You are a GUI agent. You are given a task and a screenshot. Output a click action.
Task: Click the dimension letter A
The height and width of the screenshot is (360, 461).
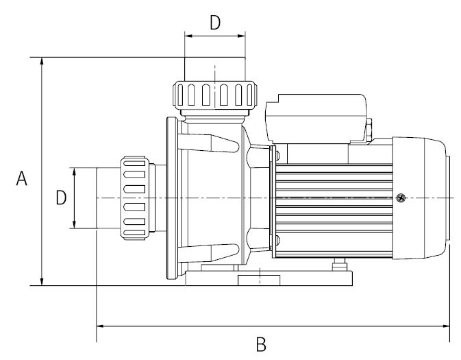click(x=22, y=179)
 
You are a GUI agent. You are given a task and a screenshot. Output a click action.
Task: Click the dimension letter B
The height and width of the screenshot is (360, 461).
click(x=260, y=344)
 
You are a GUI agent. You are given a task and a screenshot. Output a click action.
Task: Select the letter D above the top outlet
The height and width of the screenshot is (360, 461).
click(x=215, y=23)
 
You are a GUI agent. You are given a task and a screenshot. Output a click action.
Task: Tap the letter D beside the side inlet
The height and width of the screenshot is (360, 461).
click(x=61, y=198)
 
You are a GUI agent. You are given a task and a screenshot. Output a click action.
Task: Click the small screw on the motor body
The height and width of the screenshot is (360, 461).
click(x=401, y=199)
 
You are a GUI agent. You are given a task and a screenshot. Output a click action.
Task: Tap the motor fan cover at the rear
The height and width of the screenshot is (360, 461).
click(x=421, y=197)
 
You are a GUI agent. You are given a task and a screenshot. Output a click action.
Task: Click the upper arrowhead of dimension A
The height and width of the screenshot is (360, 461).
click(x=42, y=62)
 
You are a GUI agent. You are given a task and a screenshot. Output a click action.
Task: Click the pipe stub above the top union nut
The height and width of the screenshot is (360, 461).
click(x=215, y=69)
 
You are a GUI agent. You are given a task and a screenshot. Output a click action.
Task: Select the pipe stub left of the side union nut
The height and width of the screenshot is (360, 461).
click(x=108, y=197)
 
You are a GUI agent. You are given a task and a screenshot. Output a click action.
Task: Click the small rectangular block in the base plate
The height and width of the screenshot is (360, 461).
click(x=259, y=280)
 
